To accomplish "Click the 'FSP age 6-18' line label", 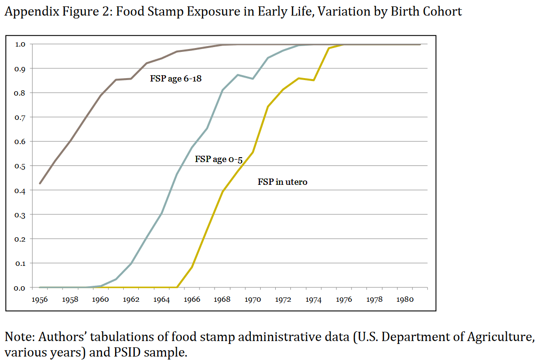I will coord(175,78).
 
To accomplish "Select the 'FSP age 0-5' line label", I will coord(218,159).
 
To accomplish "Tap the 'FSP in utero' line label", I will coord(282,182).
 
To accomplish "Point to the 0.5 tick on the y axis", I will coord(20,166).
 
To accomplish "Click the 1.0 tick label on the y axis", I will coord(20,44).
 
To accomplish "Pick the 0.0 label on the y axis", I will coord(20,288).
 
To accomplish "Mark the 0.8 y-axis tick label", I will coord(20,93).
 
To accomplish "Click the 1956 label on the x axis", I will coord(40,299).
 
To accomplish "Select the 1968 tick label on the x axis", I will coord(222,299).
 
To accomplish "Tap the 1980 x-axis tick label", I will coord(405,299).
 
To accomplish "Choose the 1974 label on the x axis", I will coord(314,299).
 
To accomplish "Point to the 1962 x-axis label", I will coord(131,299).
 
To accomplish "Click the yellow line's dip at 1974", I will coord(314,80).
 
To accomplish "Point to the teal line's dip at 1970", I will coord(253,79).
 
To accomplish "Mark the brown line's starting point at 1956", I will coord(40,183).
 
